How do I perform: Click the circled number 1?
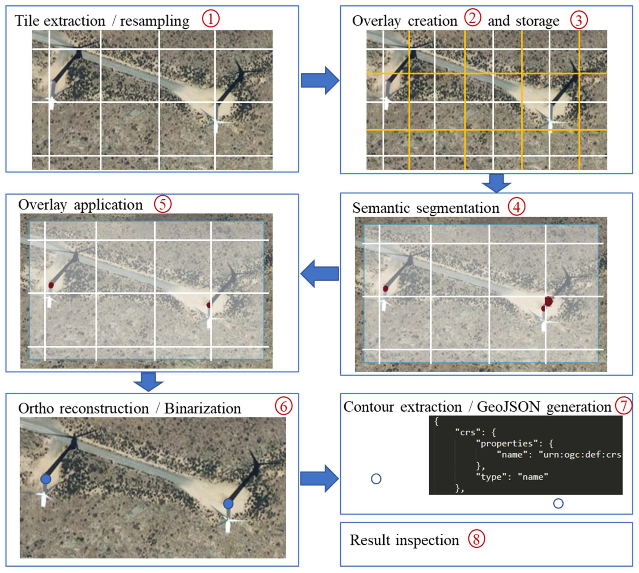[210, 19]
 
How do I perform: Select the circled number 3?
[579, 20]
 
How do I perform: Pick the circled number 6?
[283, 406]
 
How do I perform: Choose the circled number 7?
[624, 406]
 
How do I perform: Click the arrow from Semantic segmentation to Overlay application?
[320, 274]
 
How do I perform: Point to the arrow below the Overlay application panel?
[148, 382]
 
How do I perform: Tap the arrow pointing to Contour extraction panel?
[319, 479]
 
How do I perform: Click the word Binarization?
[203, 408]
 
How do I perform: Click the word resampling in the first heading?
[155, 21]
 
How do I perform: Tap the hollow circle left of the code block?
[376, 479]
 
